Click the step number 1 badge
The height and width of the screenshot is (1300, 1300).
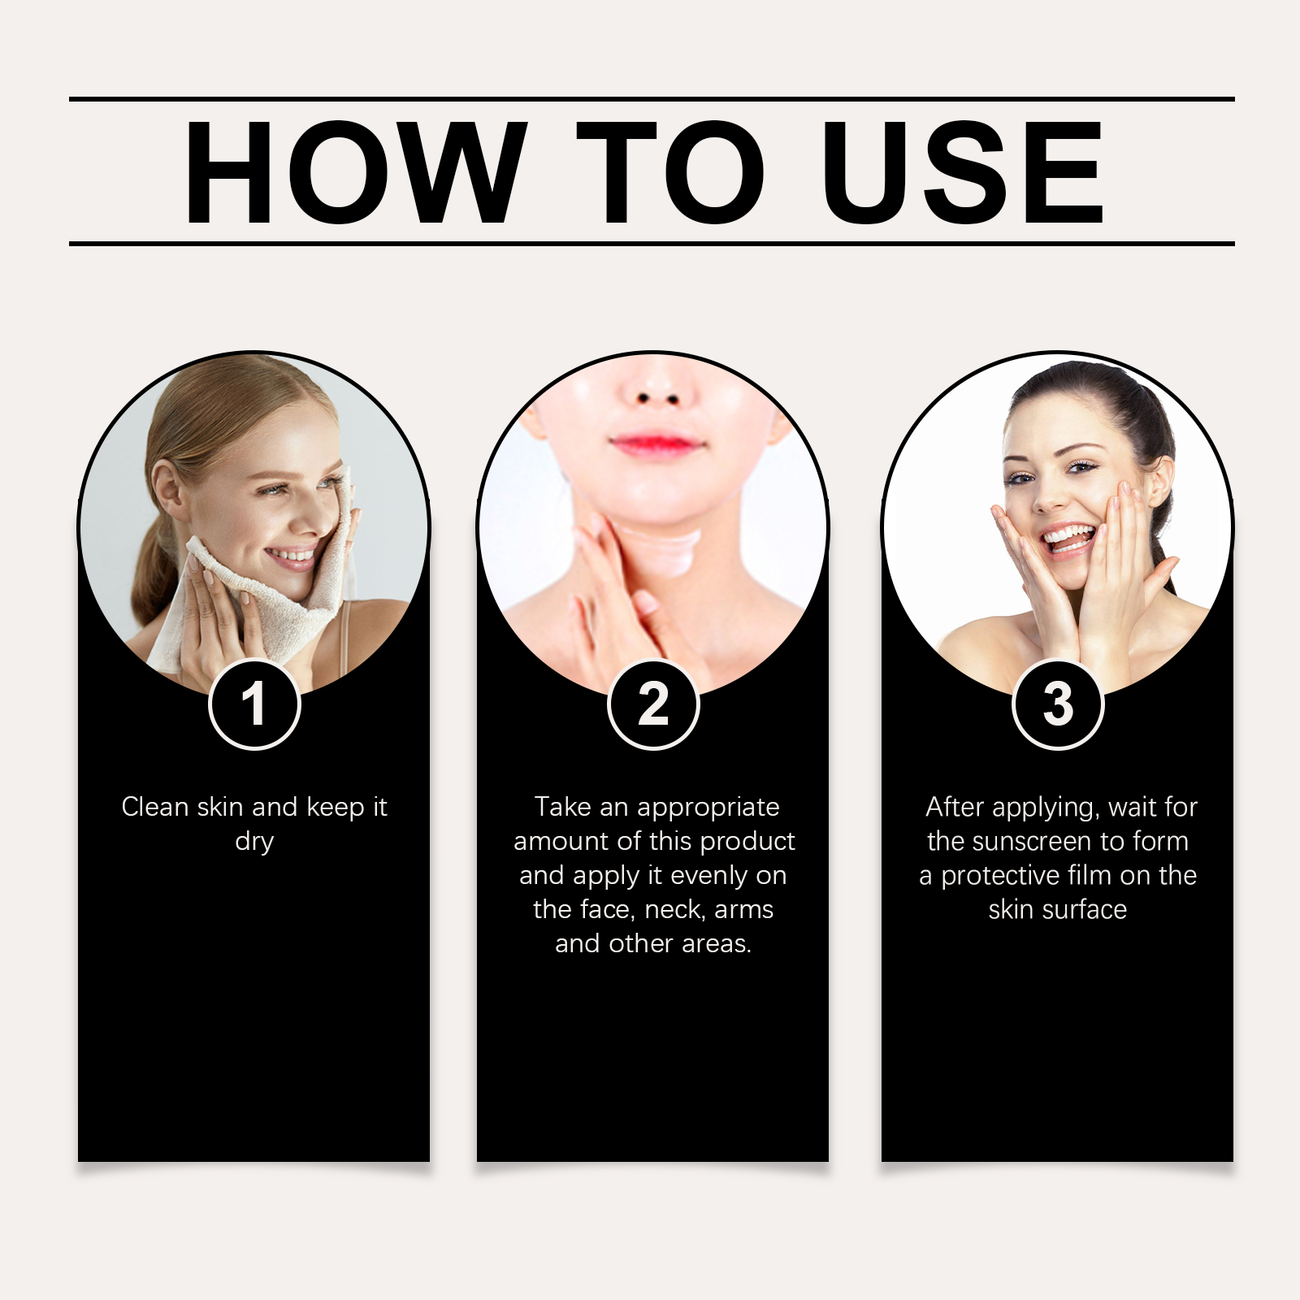pyautogui.click(x=255, y=704)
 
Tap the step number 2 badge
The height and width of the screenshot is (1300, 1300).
pyautogui.click(x=653, y=704)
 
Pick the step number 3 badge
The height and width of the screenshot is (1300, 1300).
pyautogui.click(x=1058, y=704)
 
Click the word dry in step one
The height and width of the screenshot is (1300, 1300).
pyautogui.click(x=254, y=842)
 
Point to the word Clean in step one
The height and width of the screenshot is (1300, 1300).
pyautogui.click(x=155, y=807)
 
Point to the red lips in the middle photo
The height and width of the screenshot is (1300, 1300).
pyautogui.click(x=655, y=444)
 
